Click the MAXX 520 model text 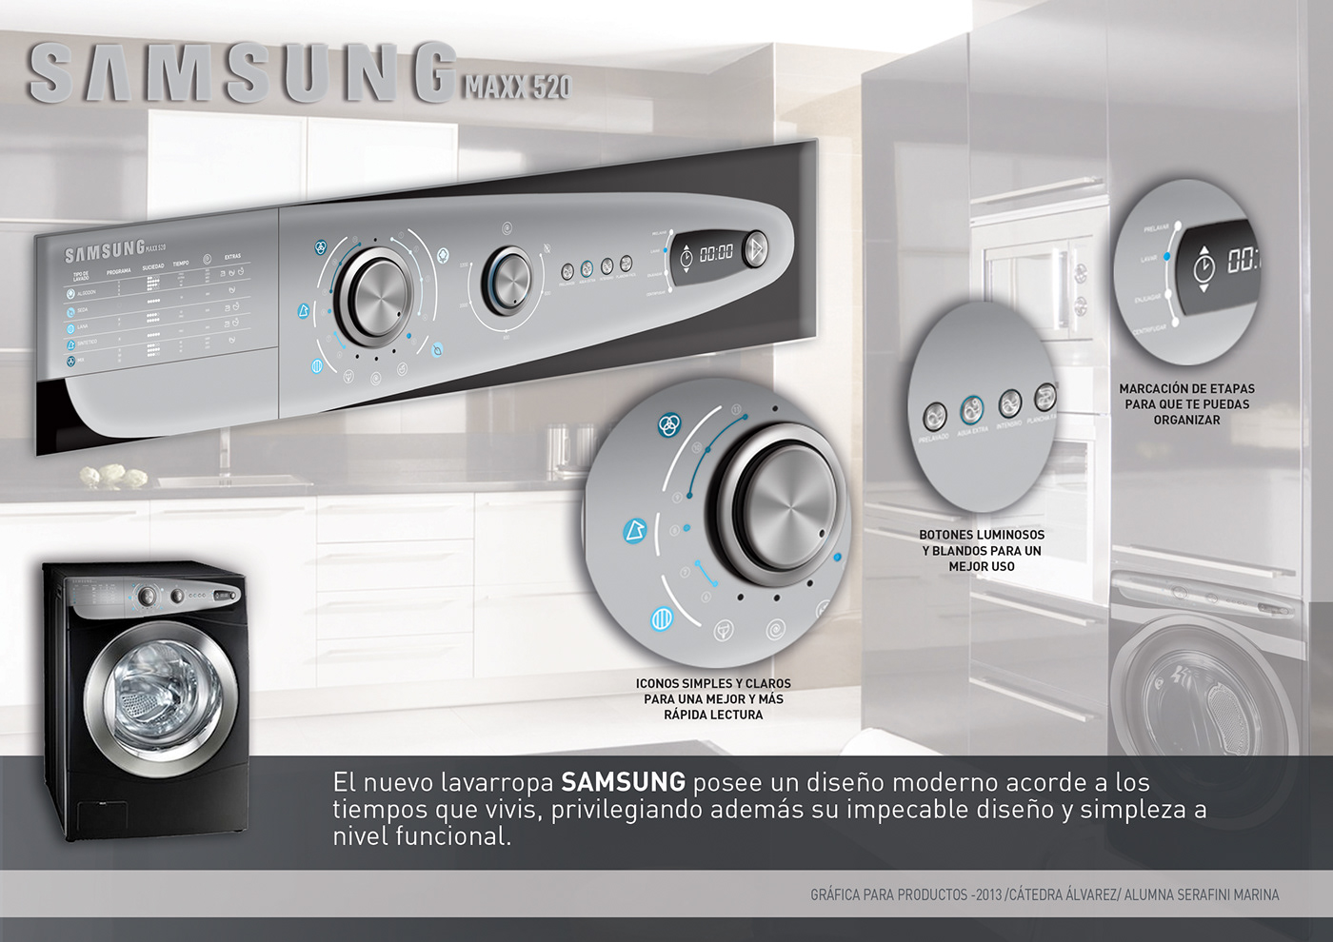click(x=517, y=88)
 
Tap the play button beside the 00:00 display click(x=754, y=249)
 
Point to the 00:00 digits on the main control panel click(x=716, y=253)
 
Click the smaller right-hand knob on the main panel click(x=508, y=280)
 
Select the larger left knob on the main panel click(x=374, y=296)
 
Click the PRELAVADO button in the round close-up click(x=934, y=415)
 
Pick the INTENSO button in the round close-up click(x=1009, y=403)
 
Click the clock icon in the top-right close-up click(x=1204, y=266)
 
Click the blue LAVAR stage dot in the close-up click(x=1167, y=257)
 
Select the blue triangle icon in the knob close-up click(x=634, y=531)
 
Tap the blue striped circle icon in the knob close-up click(x=662, y=618)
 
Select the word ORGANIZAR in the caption click(x=1186, y=420)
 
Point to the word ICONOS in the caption click(x=658, y=684)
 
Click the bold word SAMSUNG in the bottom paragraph click(x=623, y=782)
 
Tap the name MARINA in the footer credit click(x=1256, y=895)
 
